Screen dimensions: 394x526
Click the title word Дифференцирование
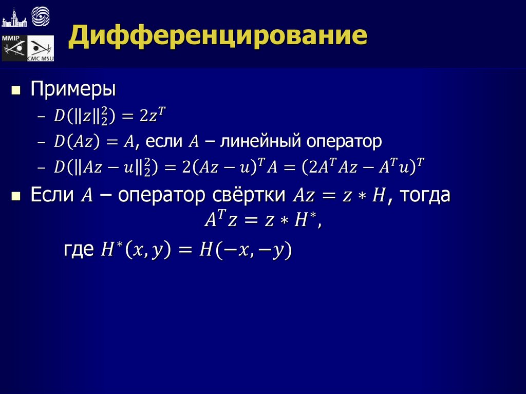coord(218,37)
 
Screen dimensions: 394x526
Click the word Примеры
coord(73,89)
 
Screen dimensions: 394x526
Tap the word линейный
coord(261,141)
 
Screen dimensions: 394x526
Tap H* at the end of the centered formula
coord(307,220)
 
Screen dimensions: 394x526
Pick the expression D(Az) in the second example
coord(78,142)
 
